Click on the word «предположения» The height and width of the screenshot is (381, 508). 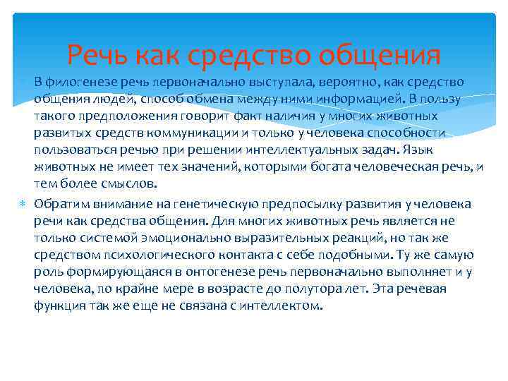point(120,116)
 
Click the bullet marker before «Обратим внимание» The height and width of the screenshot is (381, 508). point(23,204)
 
